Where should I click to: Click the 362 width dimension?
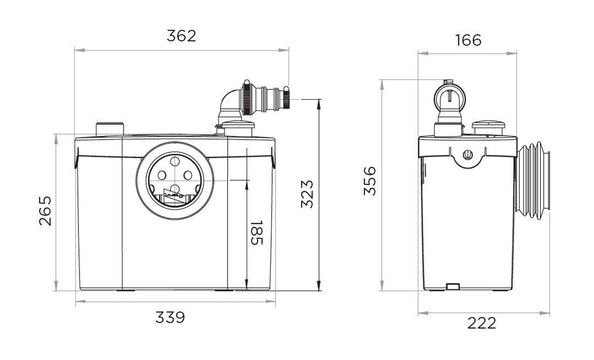click(x=182, y=35)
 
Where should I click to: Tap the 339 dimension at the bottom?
click(x=170, y=317)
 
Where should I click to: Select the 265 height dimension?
click(x=45, y=210)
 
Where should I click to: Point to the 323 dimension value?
click(x=307, y=194)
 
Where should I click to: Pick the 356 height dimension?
click(x=370, y=181)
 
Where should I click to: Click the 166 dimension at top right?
click(x=468, y=40)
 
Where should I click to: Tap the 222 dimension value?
click(x=482, y=323)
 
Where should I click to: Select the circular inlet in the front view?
click(x=175, y=181)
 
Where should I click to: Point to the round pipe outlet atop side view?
click(x=450, y=96)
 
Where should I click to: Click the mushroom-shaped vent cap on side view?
click(x=488, y=126)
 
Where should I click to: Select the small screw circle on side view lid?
click(x=468, y=155)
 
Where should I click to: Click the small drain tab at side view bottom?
click(x=452, y=286)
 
